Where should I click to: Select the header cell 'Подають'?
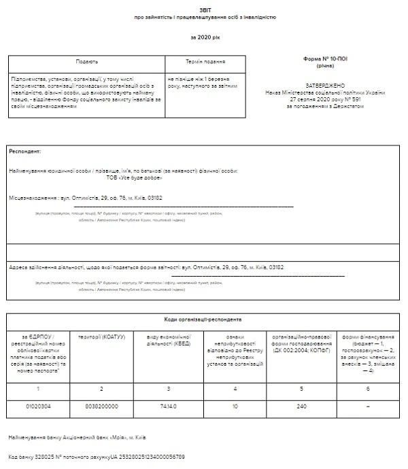86,61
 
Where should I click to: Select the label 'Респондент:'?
25,151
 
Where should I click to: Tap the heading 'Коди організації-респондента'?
203,319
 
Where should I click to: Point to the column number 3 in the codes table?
167,389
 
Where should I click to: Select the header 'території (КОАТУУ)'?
101,337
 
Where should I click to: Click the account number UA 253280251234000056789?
147,457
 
